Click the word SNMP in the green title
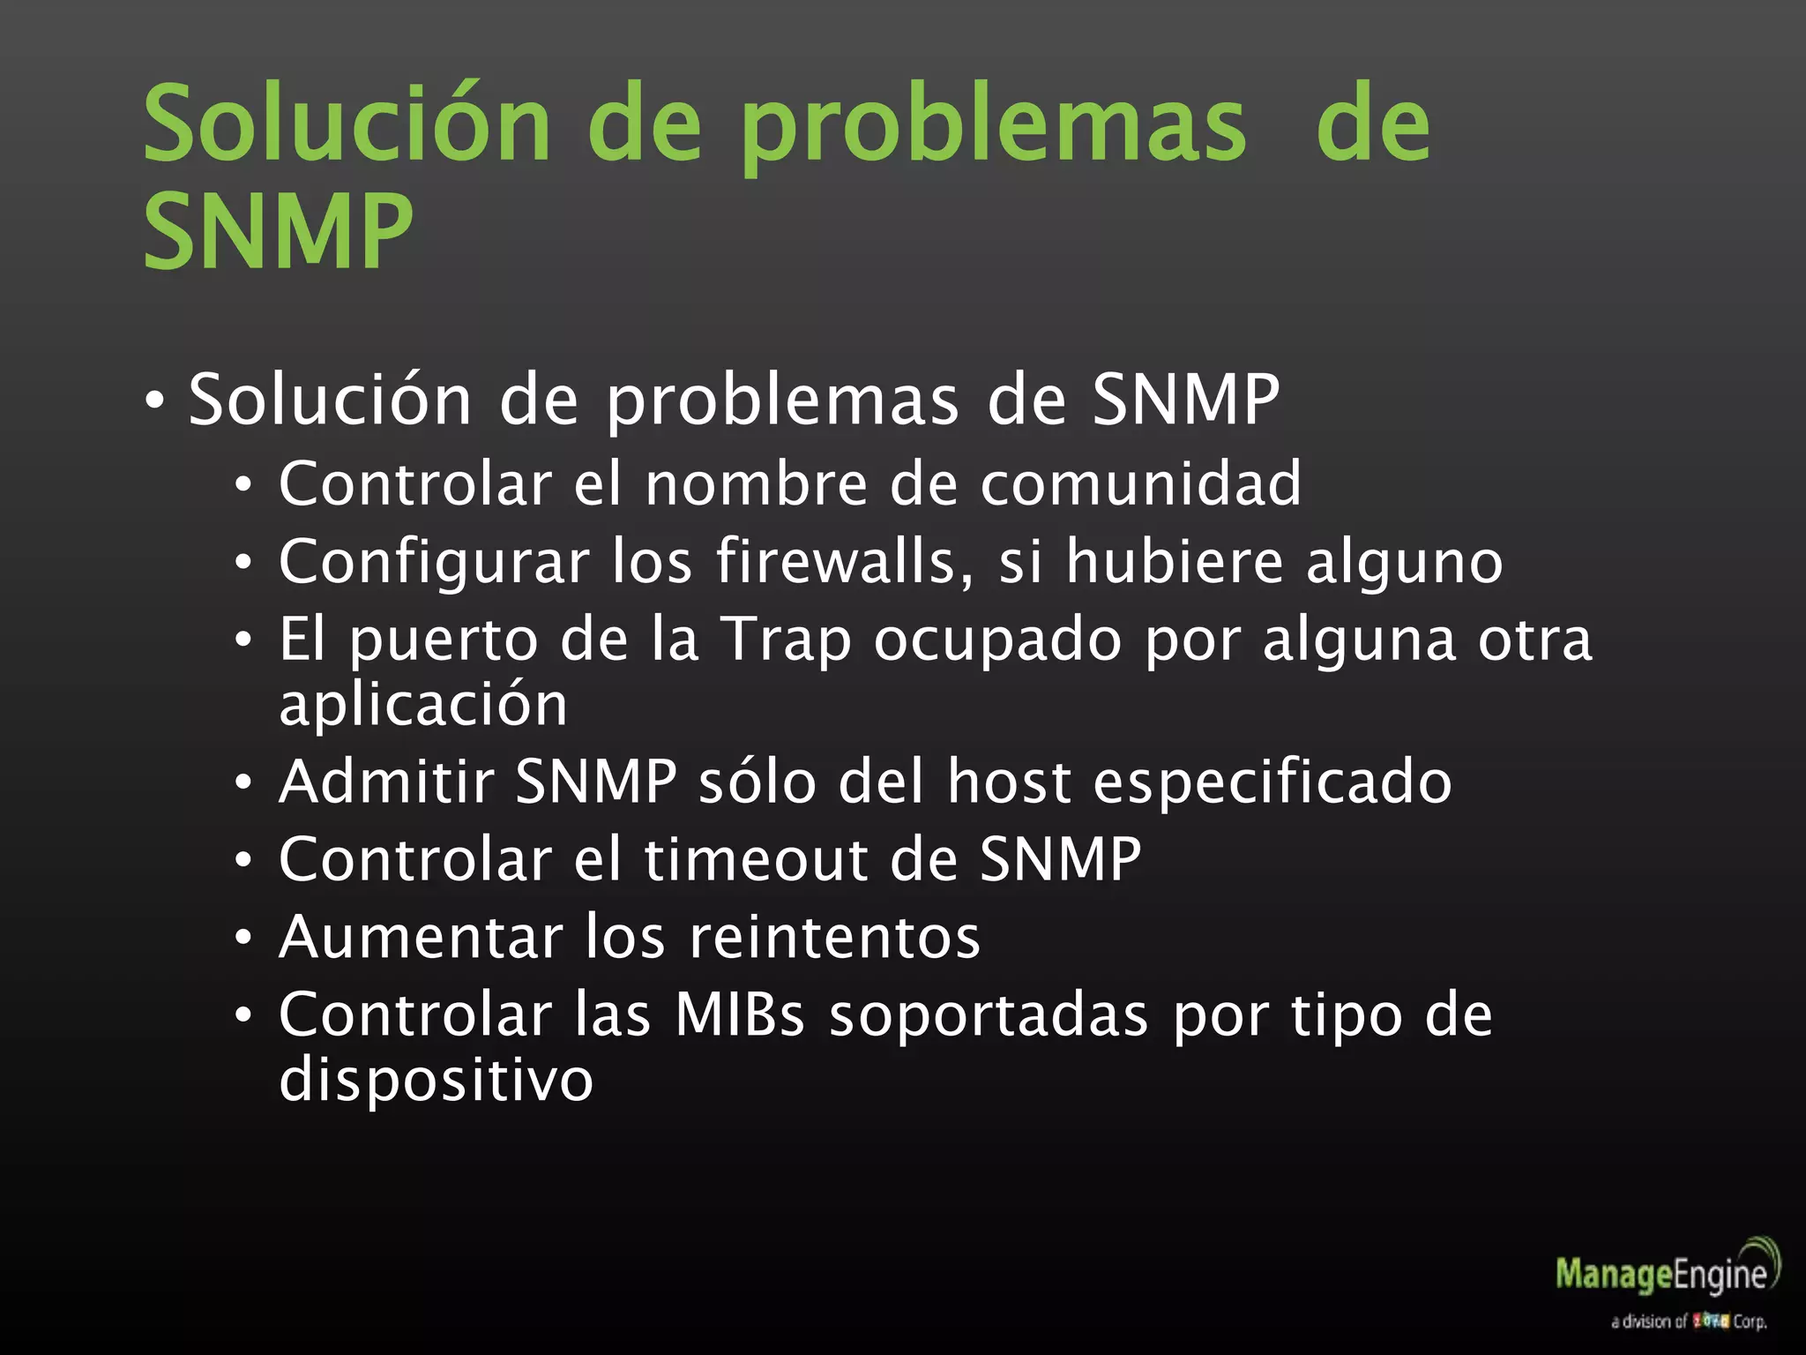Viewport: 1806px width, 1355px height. pyautogui.click(x=278, y=231)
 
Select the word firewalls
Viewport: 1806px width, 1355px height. pyautogui.click(x=845, y=561)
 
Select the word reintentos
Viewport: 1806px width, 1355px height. pyautogui.click(x=834, y=937)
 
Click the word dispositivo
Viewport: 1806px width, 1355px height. pyautogui.click(x=436, y=1079)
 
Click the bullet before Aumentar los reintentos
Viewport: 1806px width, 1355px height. pyautogui.click(x=243, y=938)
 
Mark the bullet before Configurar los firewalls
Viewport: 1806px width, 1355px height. pyautogui.click(x=243, y=563)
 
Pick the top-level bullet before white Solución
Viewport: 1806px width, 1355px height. pyautogui.click(x=154, y=402)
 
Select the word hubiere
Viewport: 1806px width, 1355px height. pyautogui.click(x=1175, y=561)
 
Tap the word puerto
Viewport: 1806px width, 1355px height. pyautogui.click(x=444, y=640)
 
